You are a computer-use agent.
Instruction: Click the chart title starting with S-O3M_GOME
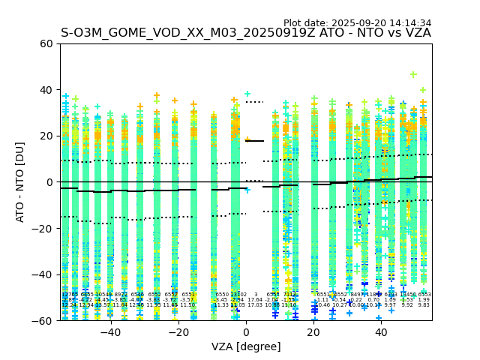tap(246, 33)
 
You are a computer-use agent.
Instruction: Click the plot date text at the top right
tap(357, 23)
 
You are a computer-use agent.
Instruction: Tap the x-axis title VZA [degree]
tap(246, 346)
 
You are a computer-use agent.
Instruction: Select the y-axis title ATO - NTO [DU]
tap(20, 181)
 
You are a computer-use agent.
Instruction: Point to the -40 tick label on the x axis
tap(110, 332)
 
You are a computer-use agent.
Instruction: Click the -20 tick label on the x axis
tap(178, 332)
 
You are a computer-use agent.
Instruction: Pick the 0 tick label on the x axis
tap(246, 332)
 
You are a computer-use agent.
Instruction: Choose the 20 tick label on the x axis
tap(314, 332)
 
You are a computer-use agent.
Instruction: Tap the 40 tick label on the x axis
tap(382, 332)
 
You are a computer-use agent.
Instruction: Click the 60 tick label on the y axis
tap(46, 43)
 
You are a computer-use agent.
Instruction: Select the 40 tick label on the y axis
tap(46, 90)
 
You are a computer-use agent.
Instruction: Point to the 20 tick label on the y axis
tap(46, 136)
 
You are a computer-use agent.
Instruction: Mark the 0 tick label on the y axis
tap(49, 182)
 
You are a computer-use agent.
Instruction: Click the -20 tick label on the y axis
tap(43, 228)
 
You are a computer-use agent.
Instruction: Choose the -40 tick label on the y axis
tap(43, 274)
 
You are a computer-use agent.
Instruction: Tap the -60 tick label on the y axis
tap(43, 320)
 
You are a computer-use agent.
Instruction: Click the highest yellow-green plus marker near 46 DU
tap(413, 75)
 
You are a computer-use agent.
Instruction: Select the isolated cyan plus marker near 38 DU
tap(247, 94)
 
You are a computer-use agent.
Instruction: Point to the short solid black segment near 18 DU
tap(255, 141)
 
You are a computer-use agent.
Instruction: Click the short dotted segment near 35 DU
tap(255, 101)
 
